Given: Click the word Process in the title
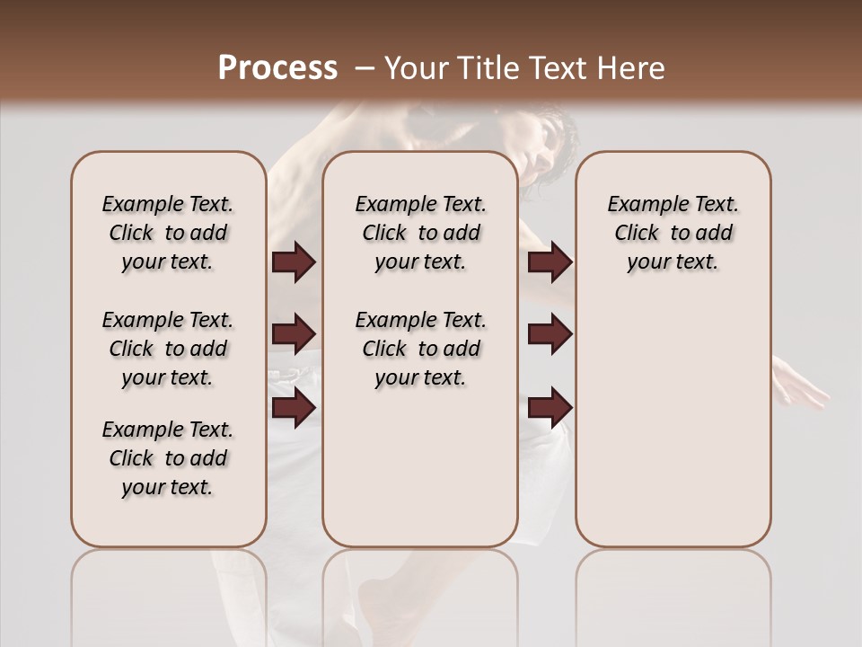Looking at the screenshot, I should coord(277,68).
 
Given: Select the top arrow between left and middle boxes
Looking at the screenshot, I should coord(294,262).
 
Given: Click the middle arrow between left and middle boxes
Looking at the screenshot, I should coord(294,334).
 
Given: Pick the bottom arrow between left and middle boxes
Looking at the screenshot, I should coord(294,408).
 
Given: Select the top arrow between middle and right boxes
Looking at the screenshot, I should coord(550,262).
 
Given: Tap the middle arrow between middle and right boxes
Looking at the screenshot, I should coord(550,334).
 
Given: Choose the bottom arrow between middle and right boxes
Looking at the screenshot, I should coord(550,408).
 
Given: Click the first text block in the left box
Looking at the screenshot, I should coord(168,233).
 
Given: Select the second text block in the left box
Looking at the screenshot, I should coord(168,349).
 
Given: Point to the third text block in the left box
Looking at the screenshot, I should coord(168,458).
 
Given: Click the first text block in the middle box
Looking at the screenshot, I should coord(420,233).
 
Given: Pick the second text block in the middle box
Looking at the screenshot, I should coord(420,349).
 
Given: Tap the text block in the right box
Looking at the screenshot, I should coord(673,233).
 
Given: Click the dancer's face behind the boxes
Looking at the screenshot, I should coord(543,148).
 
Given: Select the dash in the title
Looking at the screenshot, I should coord(364,68).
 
